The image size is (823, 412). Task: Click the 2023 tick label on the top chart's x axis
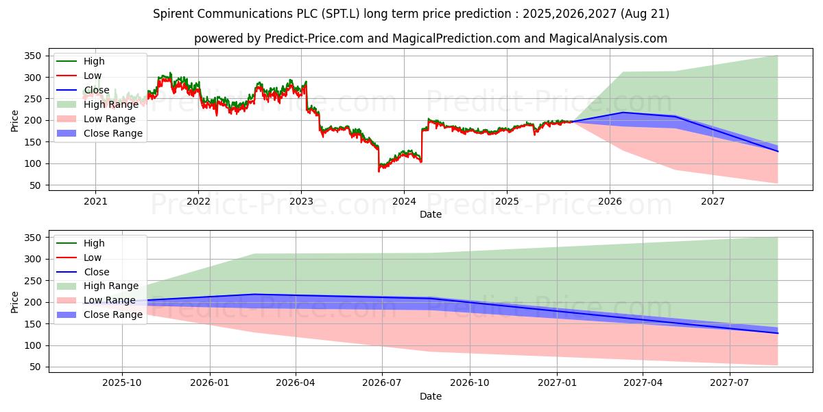pyautogui.click(x=301, y=201)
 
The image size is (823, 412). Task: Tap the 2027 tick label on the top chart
pyautogui.click(x=713, y=201)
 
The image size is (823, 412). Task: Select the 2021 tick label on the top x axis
pyautogui.click(x=95, y=201)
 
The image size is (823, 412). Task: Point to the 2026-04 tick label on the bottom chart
pyautogui.click(x=296, y=383)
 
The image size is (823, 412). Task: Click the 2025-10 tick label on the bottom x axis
pyautogui.click(x=123, y=383)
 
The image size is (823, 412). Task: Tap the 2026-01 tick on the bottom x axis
pyautogui.click(x=210, y=383)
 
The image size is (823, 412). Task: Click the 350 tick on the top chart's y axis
pyautogui.click(x=32, y=56)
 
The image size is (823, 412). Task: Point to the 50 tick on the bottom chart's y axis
pyautogui.click(x=35, y=367)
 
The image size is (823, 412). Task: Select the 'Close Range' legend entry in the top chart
pyautogui.click(x=113, y=133)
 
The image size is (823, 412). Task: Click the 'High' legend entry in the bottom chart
pyautogui.click(x=93, y=243)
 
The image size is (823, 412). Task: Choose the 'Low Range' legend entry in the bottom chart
pyautogui.click(x=110, y=300)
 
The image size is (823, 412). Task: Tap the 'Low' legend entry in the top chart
pyautogui.click(x=93, y=76)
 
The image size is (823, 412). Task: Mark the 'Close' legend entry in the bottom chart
pyautogui.click(x=95, y=272)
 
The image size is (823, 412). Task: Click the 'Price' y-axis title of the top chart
pyautogui.click(x=15, y=120)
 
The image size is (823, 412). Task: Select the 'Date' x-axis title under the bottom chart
pyautogui.click(x=431, y=396)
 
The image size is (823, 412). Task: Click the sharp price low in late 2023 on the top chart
pyautogui.click(x=379, y=170)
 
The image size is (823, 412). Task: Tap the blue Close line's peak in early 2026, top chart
pyautogui.click(x=623, y=113)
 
